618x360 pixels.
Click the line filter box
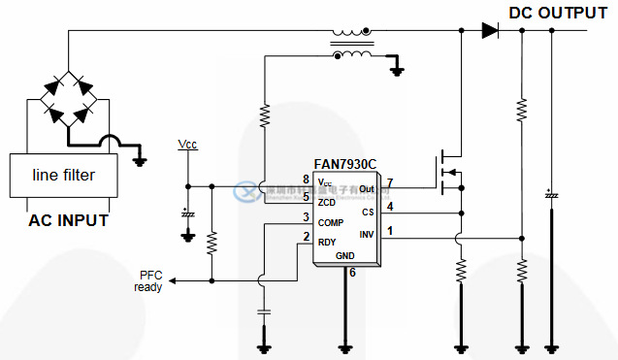64,176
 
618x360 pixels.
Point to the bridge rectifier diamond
68,101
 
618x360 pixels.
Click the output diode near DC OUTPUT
489,30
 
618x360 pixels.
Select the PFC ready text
150,280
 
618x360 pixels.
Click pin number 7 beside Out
389,182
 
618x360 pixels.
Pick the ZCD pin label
326,202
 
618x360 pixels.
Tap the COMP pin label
331,222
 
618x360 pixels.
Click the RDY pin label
327,242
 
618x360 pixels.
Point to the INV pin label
367,234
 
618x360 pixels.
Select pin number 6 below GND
352,273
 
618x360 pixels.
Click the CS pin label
368,212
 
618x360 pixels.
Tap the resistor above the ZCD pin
264,117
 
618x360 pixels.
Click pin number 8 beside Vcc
306,180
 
